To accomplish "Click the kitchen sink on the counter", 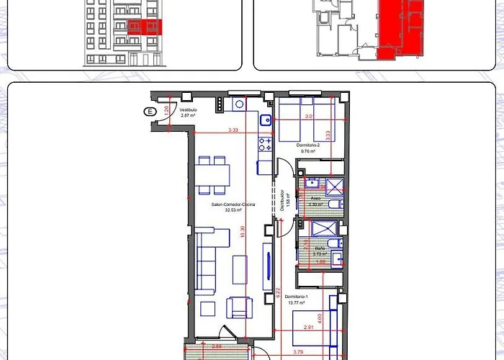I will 265,120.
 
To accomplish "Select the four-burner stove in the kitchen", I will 265,144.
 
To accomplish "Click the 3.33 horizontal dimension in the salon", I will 232,130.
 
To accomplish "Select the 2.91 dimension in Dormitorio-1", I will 309,328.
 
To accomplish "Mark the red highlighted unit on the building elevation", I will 145,27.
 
